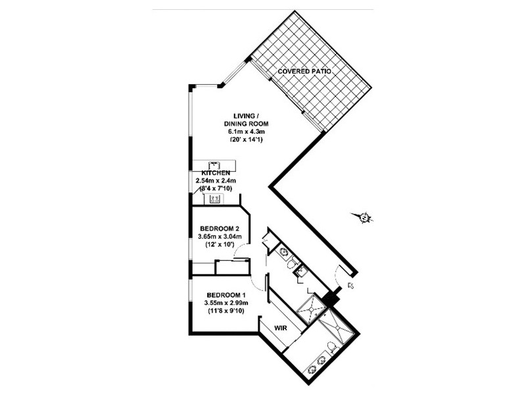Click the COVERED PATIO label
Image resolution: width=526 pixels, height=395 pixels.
click(x=303, y=70)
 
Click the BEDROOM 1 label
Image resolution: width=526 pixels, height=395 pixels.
click(x=226, y=294)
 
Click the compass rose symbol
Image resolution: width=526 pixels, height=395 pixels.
click(x=362, y=217)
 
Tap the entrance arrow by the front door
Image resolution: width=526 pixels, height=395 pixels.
click(x=350, y=286)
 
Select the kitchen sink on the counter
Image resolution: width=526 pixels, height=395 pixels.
click(x=213, y=165)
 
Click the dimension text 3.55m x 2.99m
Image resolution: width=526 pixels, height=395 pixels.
click(x=226, y=303)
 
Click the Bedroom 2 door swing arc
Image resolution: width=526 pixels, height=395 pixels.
click(x=241, y=250)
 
